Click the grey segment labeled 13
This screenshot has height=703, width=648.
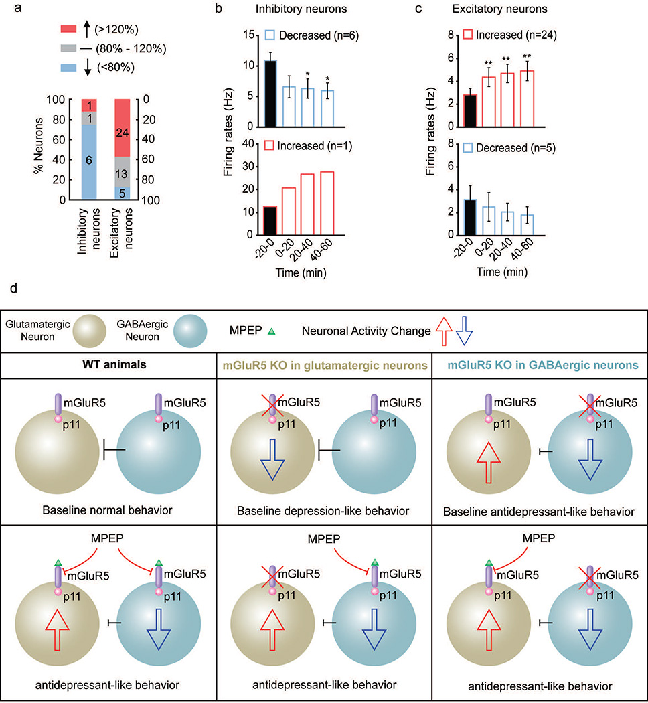(x=122, y=173)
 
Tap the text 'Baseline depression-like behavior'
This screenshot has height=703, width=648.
(x=323, y=512)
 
